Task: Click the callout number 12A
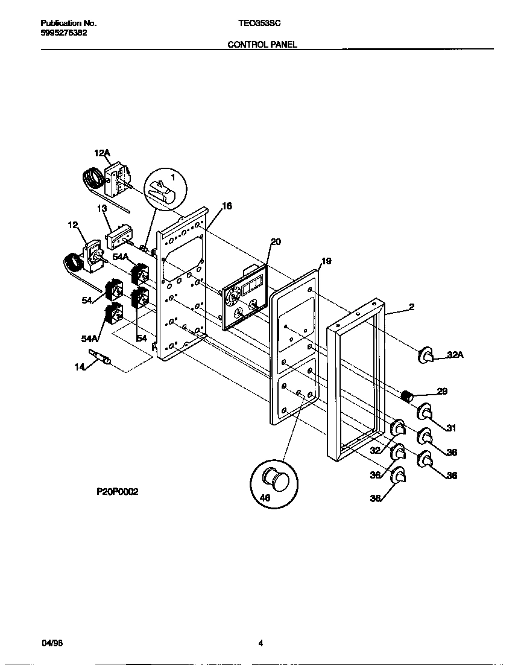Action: [x=101, y=154]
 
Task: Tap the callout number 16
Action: [x=226, y=206]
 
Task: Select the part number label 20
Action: [x=276, y=242]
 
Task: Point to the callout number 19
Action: [x=326, y=261]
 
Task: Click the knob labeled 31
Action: [x=425, y=412]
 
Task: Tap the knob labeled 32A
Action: [x=426, y=356]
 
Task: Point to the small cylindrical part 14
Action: [x=100, y=358]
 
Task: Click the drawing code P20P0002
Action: [x=118, y=492]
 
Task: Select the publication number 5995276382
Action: [x=63, y=33]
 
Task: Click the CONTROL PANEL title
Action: [x=262, y=45]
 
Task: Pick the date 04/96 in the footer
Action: [x=51, y=643]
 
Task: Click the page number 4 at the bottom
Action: [x=260, y=643]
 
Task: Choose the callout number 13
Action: [x=101, y=208]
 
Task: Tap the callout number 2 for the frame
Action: [x=411, y=307]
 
